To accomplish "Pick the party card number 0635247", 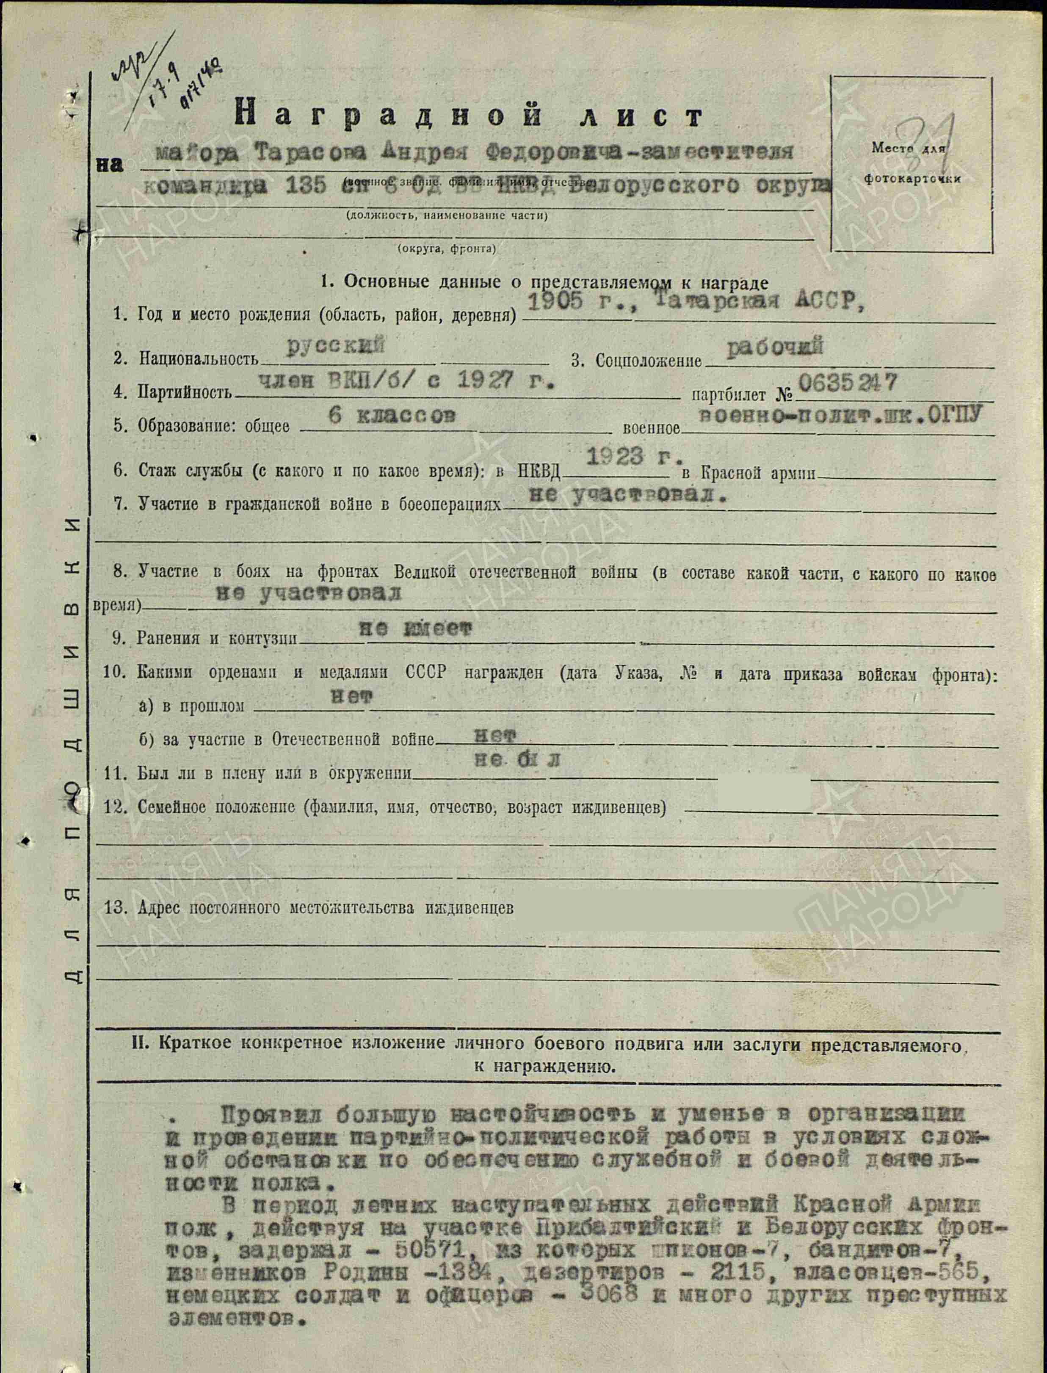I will click(848, 383).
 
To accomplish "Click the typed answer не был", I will click(517, 759).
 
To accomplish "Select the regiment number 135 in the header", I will click(305, 186).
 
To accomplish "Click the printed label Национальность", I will click(198, 359).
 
